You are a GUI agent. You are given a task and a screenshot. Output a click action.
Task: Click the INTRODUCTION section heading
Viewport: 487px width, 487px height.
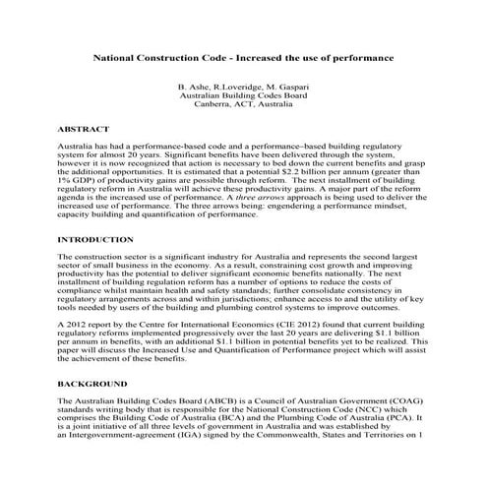pyautogui.click(x=95, y=239)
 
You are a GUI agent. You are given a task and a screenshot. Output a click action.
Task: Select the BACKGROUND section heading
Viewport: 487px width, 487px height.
pyautogui.click(x=92, y=382)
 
